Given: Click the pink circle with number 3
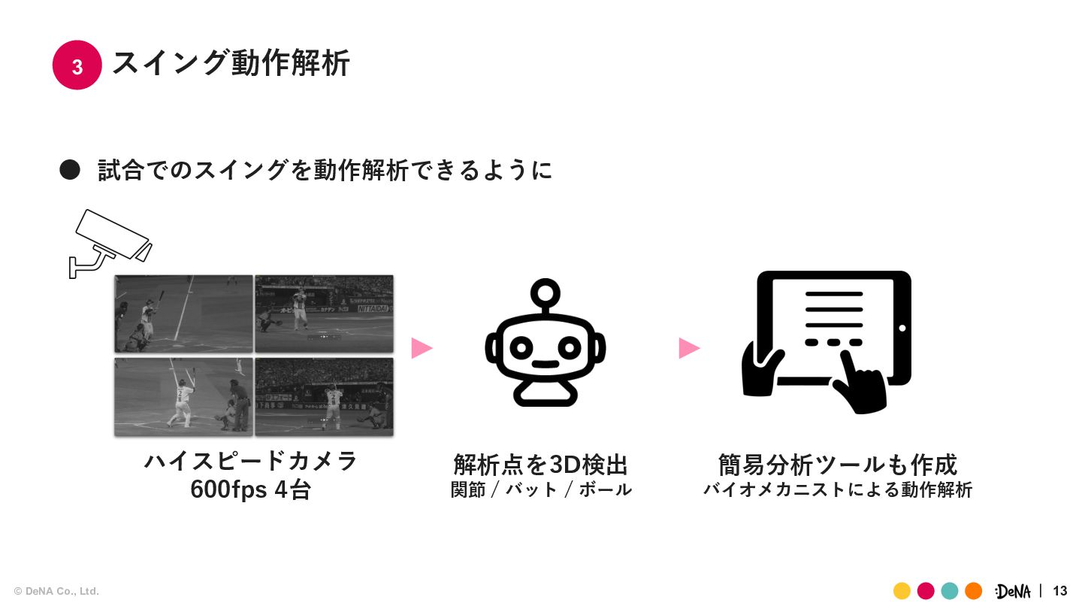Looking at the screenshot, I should click(x=77, y=65).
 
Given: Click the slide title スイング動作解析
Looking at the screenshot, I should click(x=231, y=64).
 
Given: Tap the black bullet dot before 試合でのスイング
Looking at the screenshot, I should click(x=70, y=170).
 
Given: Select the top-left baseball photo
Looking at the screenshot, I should click(x=183, y=314).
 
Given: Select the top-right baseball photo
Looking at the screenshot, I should click(x=324, y=314).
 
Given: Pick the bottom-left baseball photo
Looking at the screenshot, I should click(x=183, y=396).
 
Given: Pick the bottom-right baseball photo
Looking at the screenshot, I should click(x=324, y=396).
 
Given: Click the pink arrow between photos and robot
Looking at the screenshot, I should click(x=422, y=348).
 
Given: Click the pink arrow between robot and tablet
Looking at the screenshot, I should click(x=689, y=348).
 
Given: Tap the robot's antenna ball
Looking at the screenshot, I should click(x=545, y=290).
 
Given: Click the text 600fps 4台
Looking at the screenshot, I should click(x=250, y=489).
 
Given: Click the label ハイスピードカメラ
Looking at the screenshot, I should click(x=251, y=460).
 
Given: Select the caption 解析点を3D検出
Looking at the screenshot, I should click(x=541, y=464).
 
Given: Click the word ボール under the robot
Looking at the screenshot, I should click(x=605, y=489).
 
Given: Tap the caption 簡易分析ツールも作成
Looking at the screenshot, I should click(x=838, y=464).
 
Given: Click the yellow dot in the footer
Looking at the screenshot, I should click(x=902, y=591).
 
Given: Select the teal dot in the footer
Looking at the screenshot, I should click(x=950, y=591).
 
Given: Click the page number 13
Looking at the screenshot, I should click(x=1060, y=591).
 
